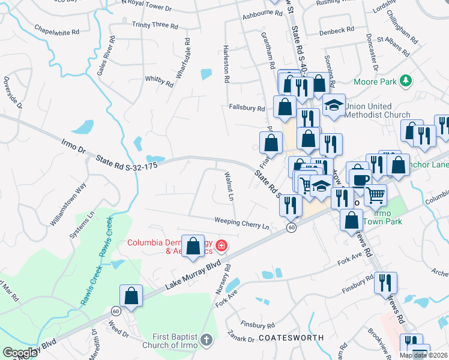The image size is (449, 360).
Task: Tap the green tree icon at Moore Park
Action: [406, 80]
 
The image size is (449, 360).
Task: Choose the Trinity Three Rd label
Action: [155, 25]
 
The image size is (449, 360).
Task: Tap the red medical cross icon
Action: [221, 245]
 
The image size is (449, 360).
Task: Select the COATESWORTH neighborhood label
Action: [291, 338]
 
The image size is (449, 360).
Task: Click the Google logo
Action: [20, 353]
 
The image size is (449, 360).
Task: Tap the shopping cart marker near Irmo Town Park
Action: [375, 193]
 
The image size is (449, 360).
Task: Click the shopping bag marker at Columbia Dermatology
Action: [193, 246]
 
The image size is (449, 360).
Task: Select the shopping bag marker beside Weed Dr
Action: [131, 295]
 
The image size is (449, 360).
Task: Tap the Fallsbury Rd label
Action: [247, 109]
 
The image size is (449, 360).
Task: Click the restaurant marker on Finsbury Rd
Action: [385, 283]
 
